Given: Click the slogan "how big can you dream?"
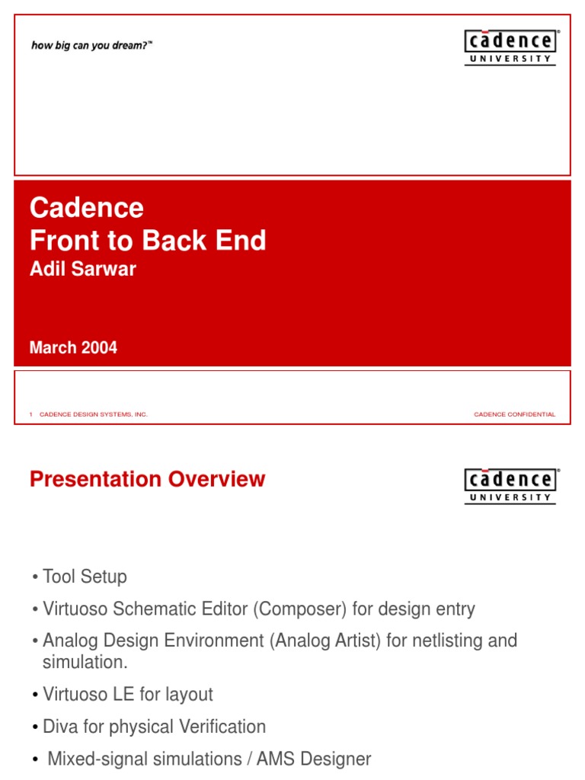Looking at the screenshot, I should click(91, 46).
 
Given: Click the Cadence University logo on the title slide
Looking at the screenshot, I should click(510, 47).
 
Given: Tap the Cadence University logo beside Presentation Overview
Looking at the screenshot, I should click(510, 486).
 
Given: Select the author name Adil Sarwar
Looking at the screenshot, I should click(82, 269).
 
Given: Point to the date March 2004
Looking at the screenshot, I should click(73, 348).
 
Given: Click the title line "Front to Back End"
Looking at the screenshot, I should click(148, 241).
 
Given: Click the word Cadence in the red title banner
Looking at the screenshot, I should click(86, 207).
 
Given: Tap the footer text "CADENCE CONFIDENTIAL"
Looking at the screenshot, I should click(514, 414).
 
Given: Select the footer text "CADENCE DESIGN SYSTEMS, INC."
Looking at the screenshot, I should click(93, 414).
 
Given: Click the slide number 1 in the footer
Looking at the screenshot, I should click(31, 414).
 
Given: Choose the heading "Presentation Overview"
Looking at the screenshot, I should click(147, 480).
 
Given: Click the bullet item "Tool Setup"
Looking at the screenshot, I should click(85, 577).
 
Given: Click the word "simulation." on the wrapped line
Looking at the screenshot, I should click(85, 662).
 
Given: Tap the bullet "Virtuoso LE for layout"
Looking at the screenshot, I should click(127, 695).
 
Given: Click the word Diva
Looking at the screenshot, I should click(59, 727).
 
